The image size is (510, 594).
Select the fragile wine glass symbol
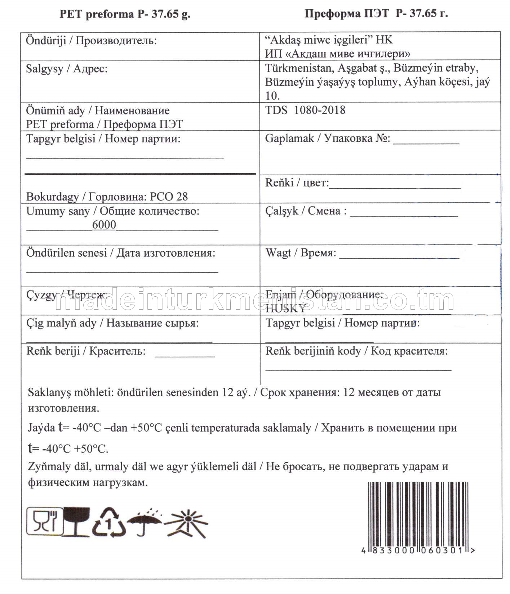click(76, 522)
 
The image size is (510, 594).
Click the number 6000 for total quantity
click(104, 225)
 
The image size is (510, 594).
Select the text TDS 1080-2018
click(305, 110)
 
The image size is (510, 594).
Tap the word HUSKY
click(285, 309)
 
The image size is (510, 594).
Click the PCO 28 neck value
click(169, 197)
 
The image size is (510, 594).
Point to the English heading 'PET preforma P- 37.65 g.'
click(125, 14)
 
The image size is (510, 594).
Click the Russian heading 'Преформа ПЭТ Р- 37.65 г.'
click(376, 14)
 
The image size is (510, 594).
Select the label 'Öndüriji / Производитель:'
click(91, 40)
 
